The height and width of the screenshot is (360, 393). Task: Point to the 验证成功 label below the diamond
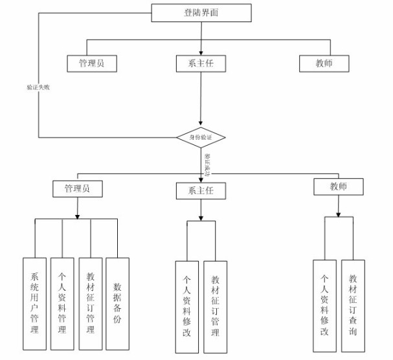coord(207,164)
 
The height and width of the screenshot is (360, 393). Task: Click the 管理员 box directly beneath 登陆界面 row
coord(93,63)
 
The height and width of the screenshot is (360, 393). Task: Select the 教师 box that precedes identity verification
coord(324,63)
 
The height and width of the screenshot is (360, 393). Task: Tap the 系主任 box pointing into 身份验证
coord(200,63)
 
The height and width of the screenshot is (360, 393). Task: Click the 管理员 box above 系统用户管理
coord(78,188)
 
